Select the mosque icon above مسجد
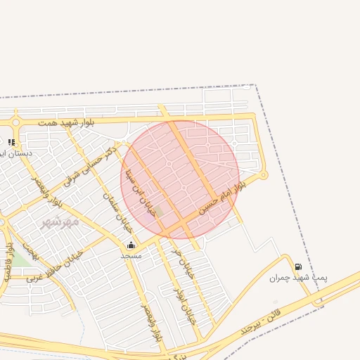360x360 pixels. point(131,245)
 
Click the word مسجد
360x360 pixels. point(131,255)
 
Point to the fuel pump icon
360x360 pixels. point(298,266)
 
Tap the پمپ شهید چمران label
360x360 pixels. point(298,278)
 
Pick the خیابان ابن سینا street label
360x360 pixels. point(139,192)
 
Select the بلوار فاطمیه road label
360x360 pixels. point(9,262)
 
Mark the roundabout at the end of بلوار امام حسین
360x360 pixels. point(264,175)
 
